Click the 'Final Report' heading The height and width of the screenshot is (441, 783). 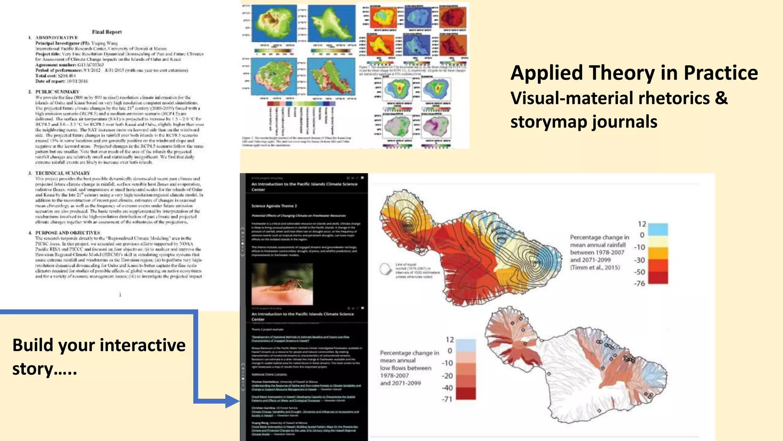point(107,32)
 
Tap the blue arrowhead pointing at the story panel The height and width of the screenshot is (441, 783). point(232,401)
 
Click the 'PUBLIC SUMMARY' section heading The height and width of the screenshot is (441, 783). point(57,92)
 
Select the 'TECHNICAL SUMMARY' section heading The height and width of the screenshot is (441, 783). point(63,173)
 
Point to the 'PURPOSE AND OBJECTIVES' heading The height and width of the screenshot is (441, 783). point(68,233)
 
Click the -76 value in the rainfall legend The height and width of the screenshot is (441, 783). point(640,284)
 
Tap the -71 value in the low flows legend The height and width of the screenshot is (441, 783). point(447,399)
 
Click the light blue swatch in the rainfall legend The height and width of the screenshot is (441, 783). point(658,229)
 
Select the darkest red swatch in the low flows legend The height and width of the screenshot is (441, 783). point(466,393)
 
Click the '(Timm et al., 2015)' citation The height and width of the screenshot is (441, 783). point(595,268)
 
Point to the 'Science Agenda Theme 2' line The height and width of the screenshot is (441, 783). point(274,206)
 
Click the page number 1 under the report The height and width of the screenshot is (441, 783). point(120,294)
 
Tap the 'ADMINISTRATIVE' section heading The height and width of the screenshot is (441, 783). point(57,38)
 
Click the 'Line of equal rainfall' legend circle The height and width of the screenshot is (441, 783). point(385,269)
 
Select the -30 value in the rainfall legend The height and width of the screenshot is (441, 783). point(640,260)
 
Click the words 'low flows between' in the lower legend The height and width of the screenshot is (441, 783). point(405,368)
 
